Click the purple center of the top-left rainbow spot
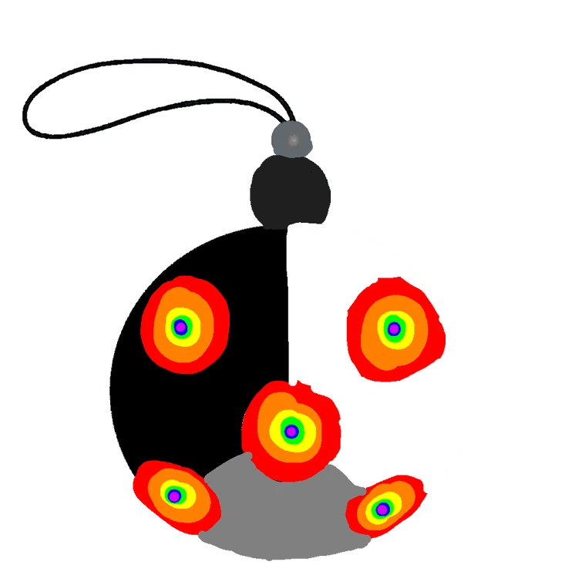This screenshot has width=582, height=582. (x=180, y=327)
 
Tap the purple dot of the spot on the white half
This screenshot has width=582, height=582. (x=394, y=329)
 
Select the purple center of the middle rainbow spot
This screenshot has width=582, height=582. (x=291, y=431)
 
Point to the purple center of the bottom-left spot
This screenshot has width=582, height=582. (x=174, y=495)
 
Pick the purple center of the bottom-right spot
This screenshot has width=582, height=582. (x=382, y=509)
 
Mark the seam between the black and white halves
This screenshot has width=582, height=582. (x=287, y=308)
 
